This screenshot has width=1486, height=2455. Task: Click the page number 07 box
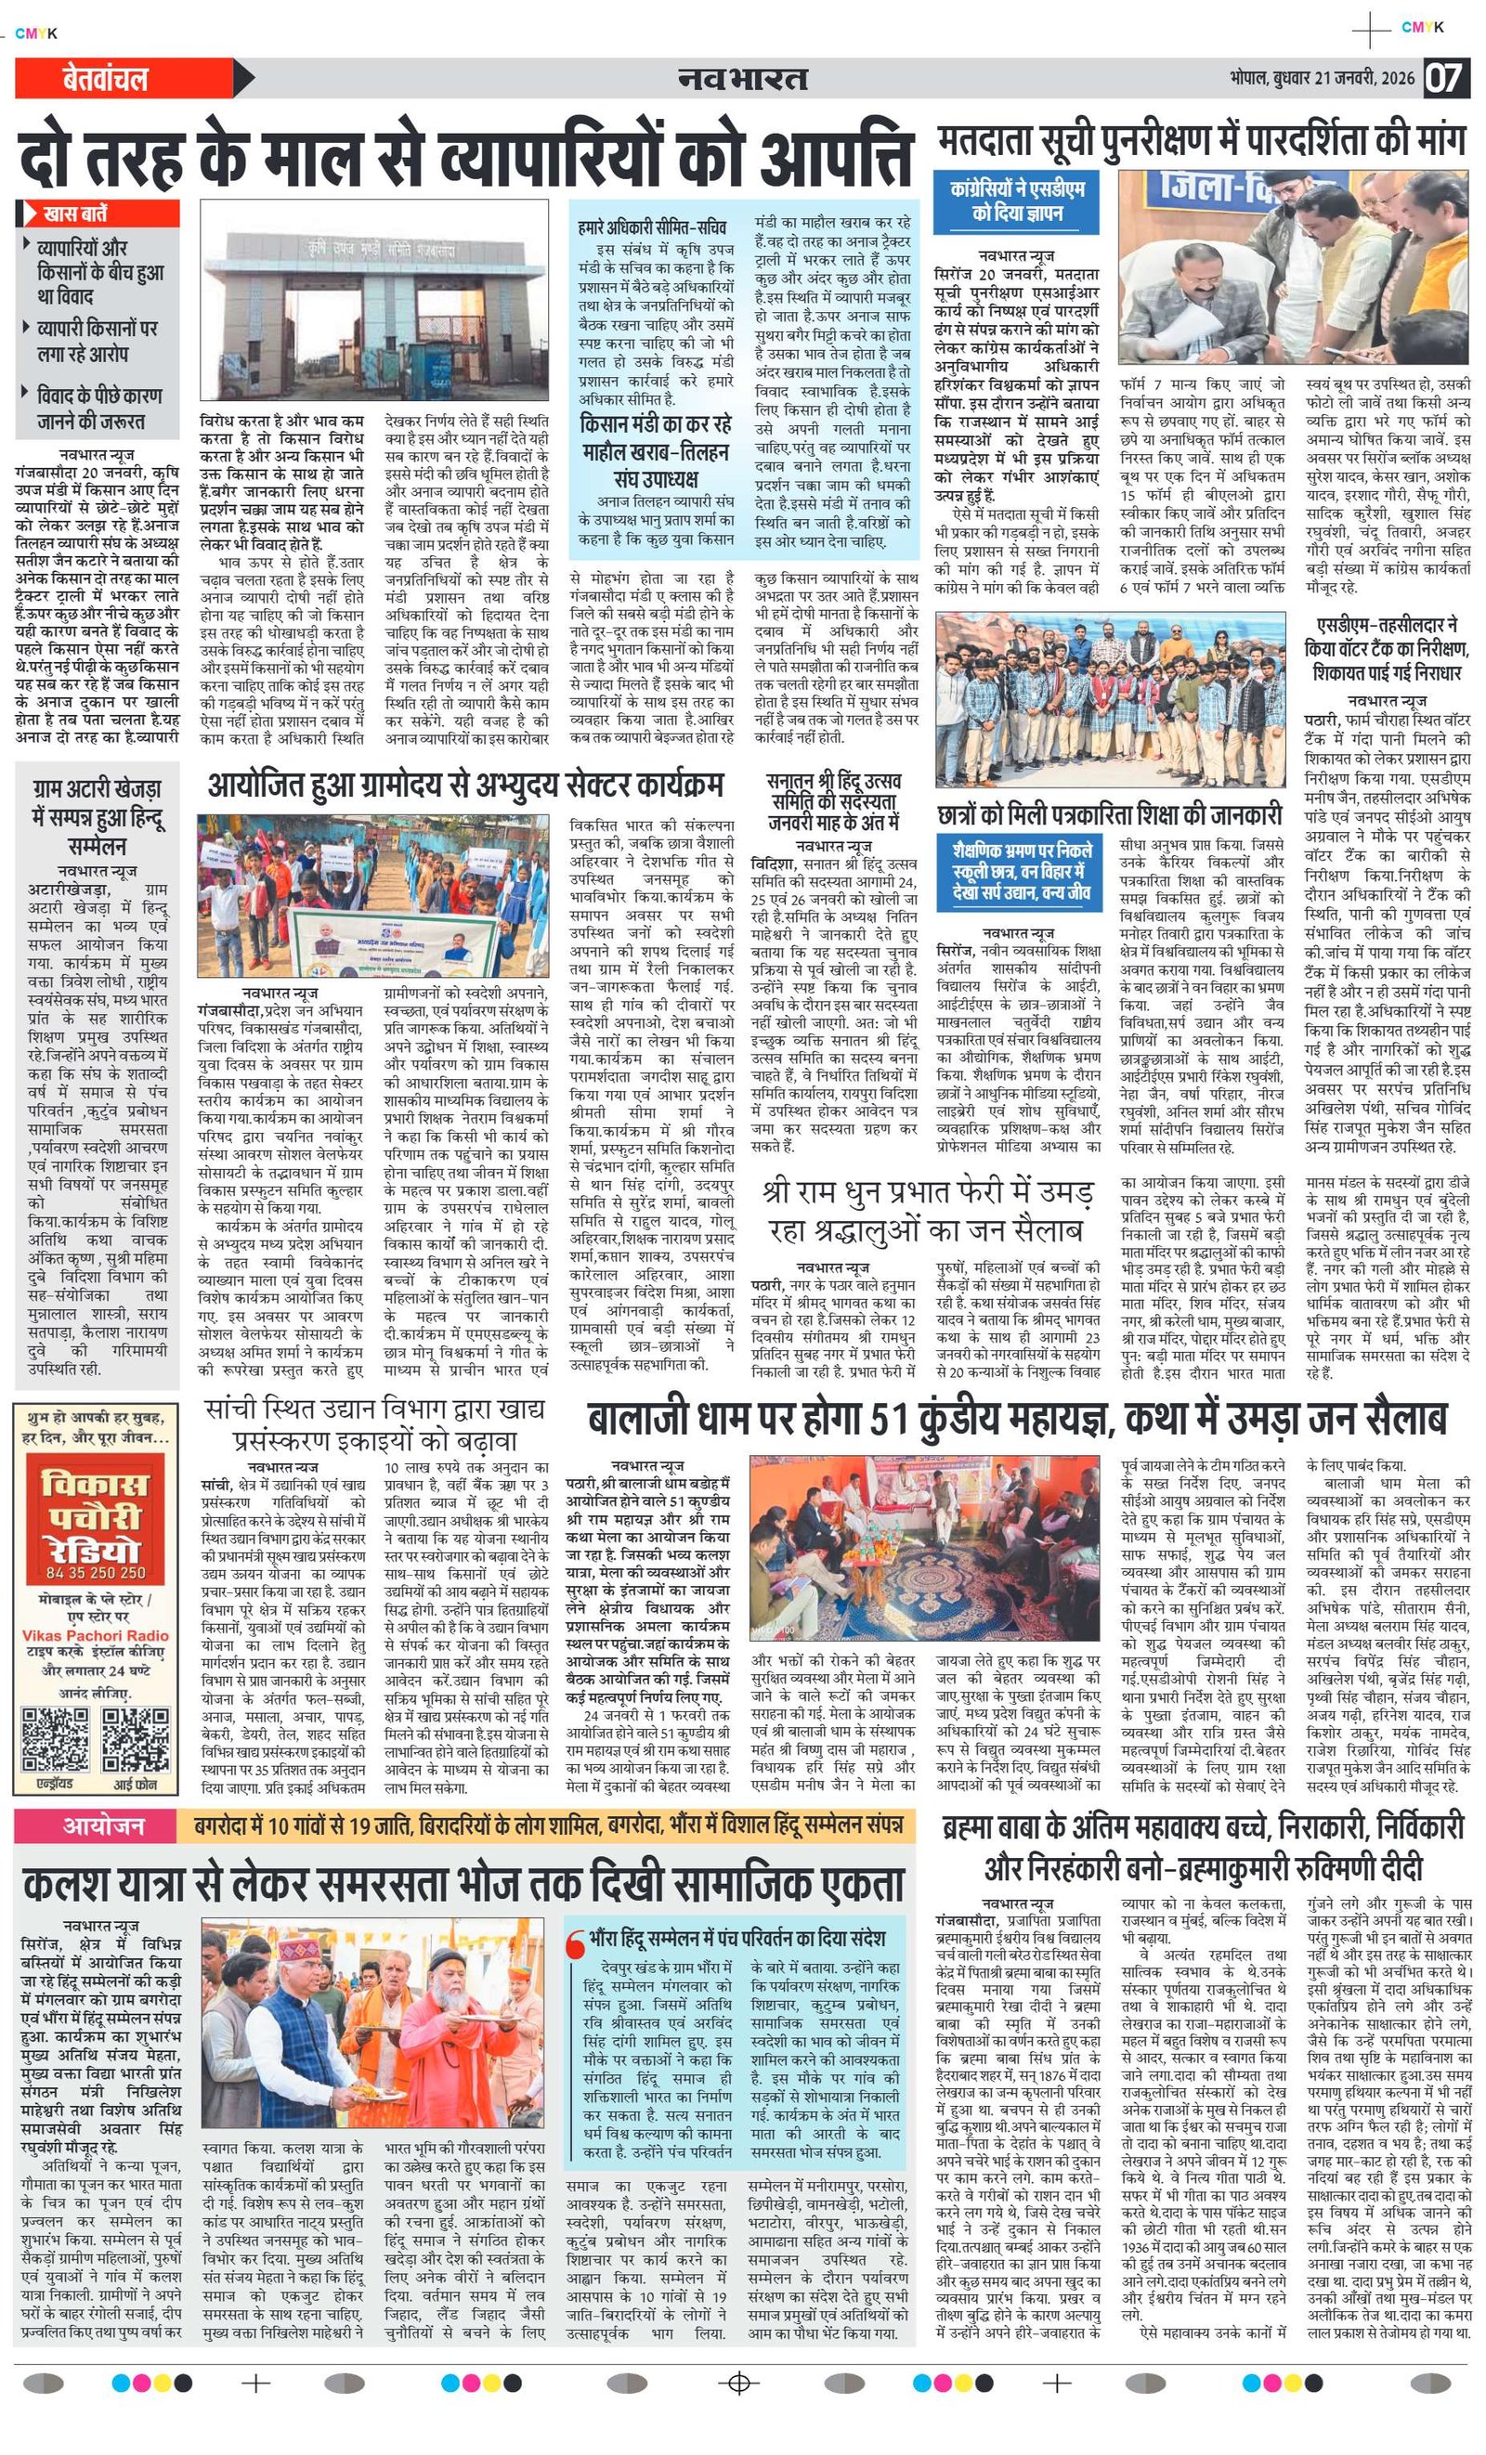pyautogui.click(x=1443, y=78)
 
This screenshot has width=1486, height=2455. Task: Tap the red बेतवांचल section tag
pyautogui.click(x=105, y=79)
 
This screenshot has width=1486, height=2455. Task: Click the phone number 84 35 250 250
pyautogui.click(x=96, y=1572)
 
